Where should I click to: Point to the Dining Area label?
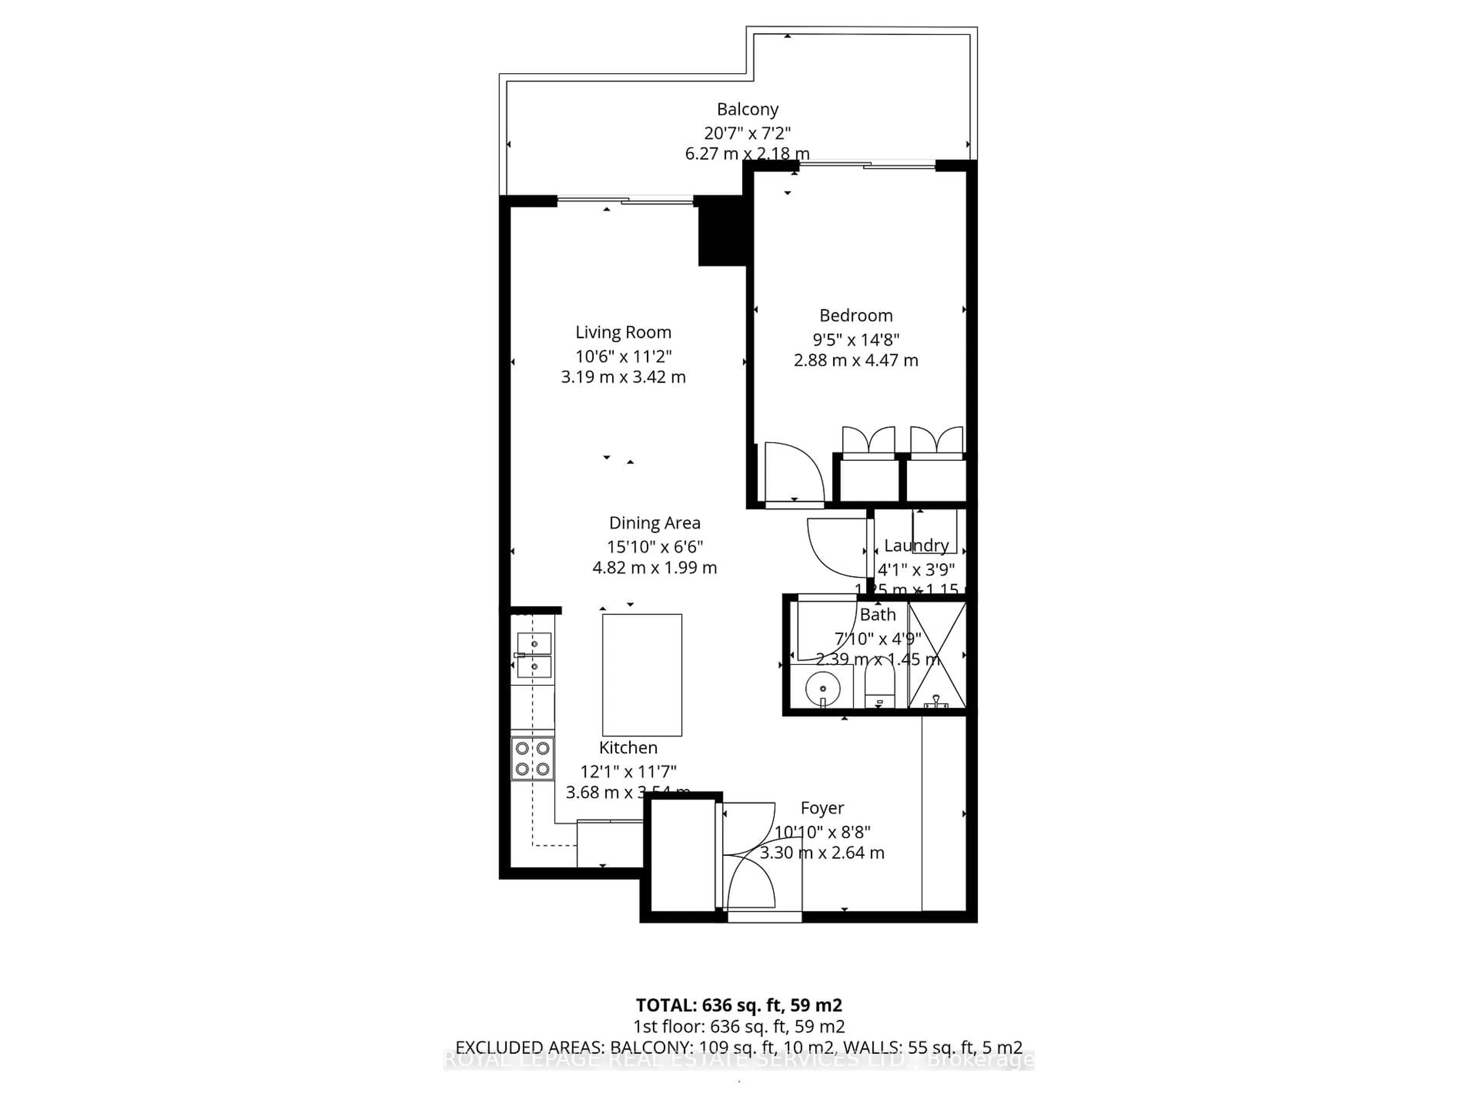pos(654,523)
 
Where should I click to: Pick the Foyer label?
pos(822,808)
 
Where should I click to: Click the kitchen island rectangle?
pos(642,675)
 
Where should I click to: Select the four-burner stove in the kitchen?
pos(533,758)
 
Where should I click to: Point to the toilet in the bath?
pos(879,689)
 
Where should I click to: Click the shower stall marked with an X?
pos(937,655)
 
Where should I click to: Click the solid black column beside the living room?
pos(722,231)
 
